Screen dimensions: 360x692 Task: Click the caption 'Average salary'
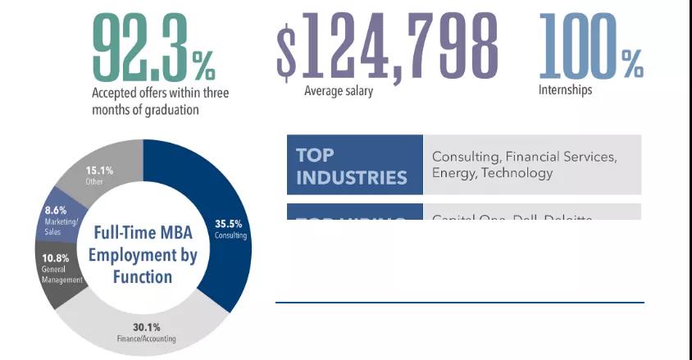click(338, 91)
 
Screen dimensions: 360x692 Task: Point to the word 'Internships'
click(565, 90)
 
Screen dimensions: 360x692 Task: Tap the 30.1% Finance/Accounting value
click(146, 327)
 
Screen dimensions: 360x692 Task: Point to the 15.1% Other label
click(99, 171)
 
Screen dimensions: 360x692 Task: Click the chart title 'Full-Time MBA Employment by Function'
click(143, 254)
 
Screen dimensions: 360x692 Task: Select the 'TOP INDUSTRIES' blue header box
click(354, 165)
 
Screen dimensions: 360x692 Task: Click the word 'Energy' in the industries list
click(453, 173)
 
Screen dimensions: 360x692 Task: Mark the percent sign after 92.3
click(203, 62)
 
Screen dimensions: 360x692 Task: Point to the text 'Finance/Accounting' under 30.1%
click(146, 339)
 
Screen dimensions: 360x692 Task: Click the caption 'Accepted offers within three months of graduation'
click(160, 101)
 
